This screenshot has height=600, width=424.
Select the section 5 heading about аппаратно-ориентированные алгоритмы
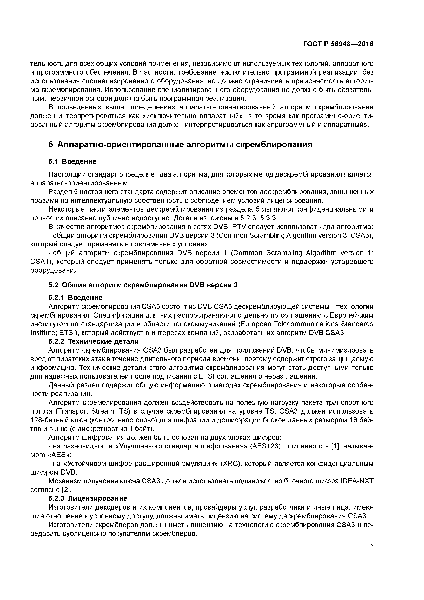point(180,145)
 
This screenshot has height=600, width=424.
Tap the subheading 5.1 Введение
point(72,161)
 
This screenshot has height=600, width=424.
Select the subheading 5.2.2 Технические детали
point(94,342)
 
